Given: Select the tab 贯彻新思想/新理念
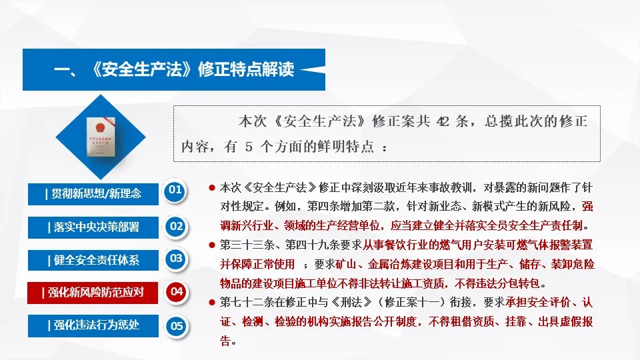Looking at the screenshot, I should tap(93, 193).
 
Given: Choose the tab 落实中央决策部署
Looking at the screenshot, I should tap(93, 227).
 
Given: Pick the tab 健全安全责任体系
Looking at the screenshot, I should tap(93, 259).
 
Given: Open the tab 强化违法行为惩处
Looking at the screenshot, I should tap(93, 325).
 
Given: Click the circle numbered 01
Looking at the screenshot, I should tap(175, 190).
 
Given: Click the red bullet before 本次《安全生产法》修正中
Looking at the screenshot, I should tap(212, 189).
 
